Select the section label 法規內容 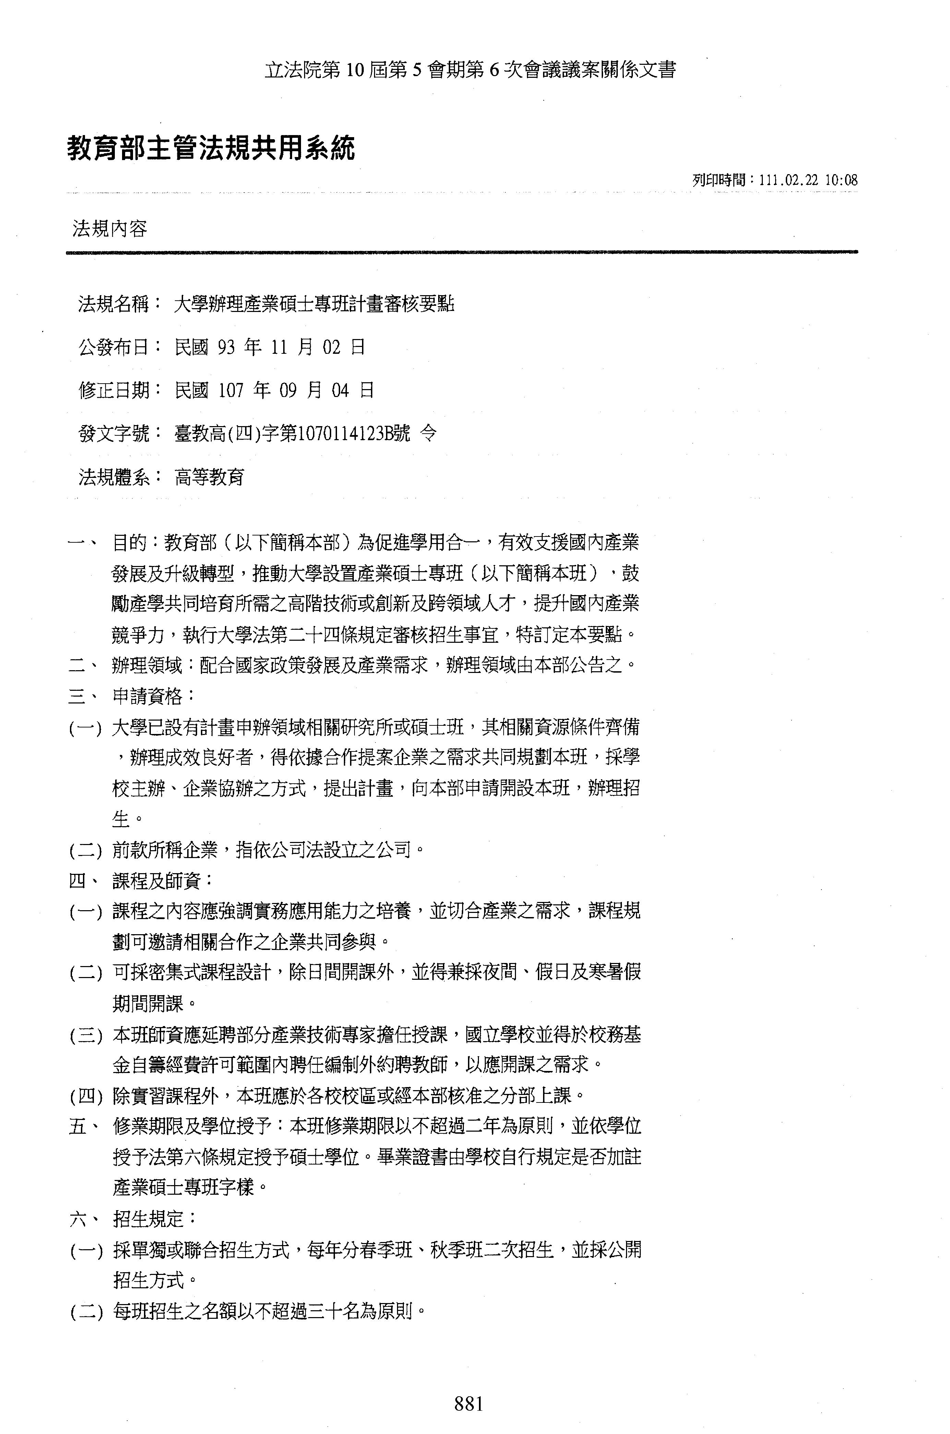[110, 229]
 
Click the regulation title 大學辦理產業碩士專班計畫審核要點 [314, 303]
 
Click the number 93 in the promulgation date [225, 347]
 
